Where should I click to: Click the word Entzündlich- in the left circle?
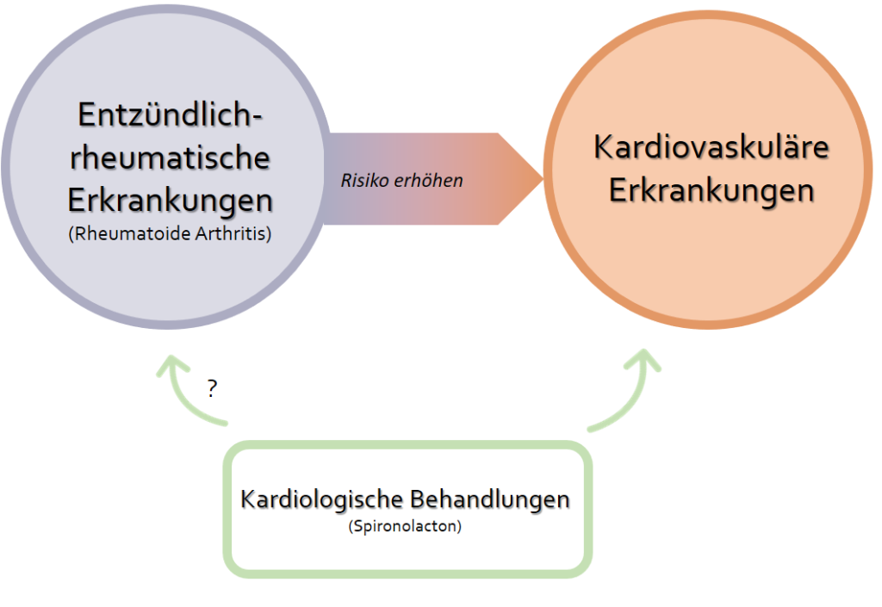pos(170,115)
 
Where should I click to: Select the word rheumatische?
pos(170,157)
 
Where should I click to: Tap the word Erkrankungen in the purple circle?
pos(170,201)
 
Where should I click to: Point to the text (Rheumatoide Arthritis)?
pos(170,233)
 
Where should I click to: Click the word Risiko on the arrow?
pos(365,181)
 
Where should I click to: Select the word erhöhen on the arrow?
pos(429,181)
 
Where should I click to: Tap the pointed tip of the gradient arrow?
pos(543,179)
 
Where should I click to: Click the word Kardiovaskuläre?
pos(711,147)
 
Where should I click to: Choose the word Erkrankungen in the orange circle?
pos(711,191)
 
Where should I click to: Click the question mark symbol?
pos(212,388)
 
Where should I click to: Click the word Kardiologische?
pos(322,499)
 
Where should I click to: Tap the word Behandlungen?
pos(489,499)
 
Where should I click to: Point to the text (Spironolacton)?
pos(405,526)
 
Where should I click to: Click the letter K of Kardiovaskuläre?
pos(603,147)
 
